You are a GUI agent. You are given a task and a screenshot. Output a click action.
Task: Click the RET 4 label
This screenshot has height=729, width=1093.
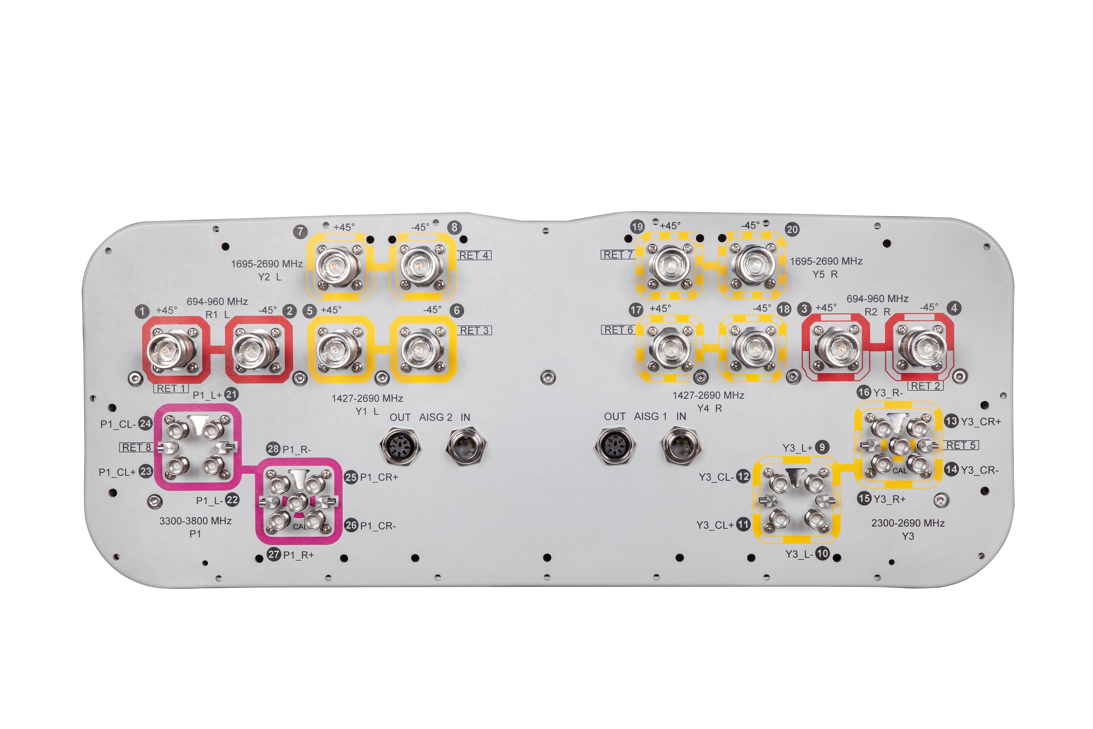point(474,255)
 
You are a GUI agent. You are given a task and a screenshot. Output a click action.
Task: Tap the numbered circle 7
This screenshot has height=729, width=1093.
point(301,231)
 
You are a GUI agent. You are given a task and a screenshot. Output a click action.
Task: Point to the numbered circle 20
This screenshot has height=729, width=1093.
point(792,229)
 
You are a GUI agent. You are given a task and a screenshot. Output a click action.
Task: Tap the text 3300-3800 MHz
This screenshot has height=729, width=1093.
point(196,521)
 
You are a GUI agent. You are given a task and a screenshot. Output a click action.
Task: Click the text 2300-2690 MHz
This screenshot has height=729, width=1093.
point(908,523)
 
